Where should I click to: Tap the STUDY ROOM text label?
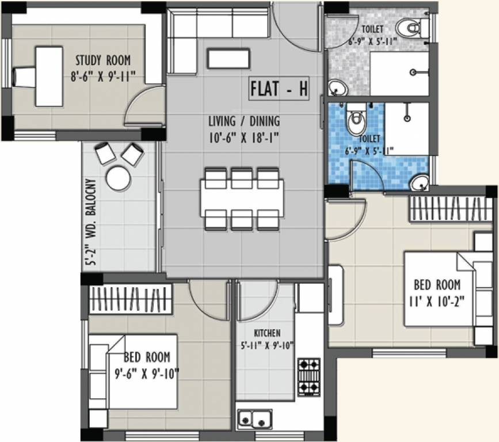pos(103,60)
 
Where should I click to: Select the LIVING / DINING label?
pos(243,121)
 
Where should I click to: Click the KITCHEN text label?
pos(267,333)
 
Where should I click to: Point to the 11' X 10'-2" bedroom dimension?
pos(437,299)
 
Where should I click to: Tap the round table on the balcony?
pos(118,178)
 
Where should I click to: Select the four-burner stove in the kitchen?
pos(308,377)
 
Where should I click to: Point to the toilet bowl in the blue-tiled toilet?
pos(356,121)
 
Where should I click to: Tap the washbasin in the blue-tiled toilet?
pos(420,183)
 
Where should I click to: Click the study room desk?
pos(48,76)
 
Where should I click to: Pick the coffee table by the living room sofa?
pos(228,58)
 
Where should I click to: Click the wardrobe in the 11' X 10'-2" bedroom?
pos(450,208)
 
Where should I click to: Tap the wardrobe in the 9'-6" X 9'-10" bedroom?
pos(131,299)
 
